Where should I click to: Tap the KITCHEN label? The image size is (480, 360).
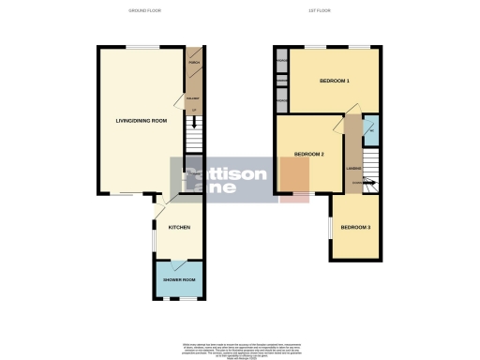pos(179,228)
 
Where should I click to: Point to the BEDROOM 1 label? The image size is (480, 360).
pos(335,81)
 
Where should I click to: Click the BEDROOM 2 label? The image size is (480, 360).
pos(308,154)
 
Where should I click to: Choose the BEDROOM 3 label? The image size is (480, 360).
pos(355,228)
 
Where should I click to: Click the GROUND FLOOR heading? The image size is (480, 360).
pos(146,11)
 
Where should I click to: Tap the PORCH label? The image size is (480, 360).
pos(195,65)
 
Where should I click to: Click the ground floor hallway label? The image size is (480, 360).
pos(194,97)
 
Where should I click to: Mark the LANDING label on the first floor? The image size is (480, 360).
pos(353,169)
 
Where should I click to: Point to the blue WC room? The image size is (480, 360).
pos(371,130)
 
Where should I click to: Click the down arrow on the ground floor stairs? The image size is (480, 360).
pos(194,122)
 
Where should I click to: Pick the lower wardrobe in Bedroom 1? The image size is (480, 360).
pos(281,97)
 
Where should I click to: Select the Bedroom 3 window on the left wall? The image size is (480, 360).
pos(329,228)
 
